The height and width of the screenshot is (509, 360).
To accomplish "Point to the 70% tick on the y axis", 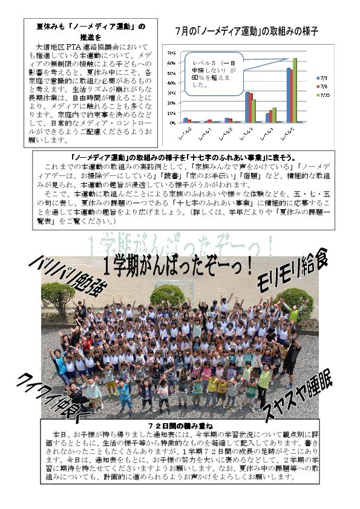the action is coord(171,51).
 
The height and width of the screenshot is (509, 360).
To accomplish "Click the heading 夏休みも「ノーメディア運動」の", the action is coord(91,26).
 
